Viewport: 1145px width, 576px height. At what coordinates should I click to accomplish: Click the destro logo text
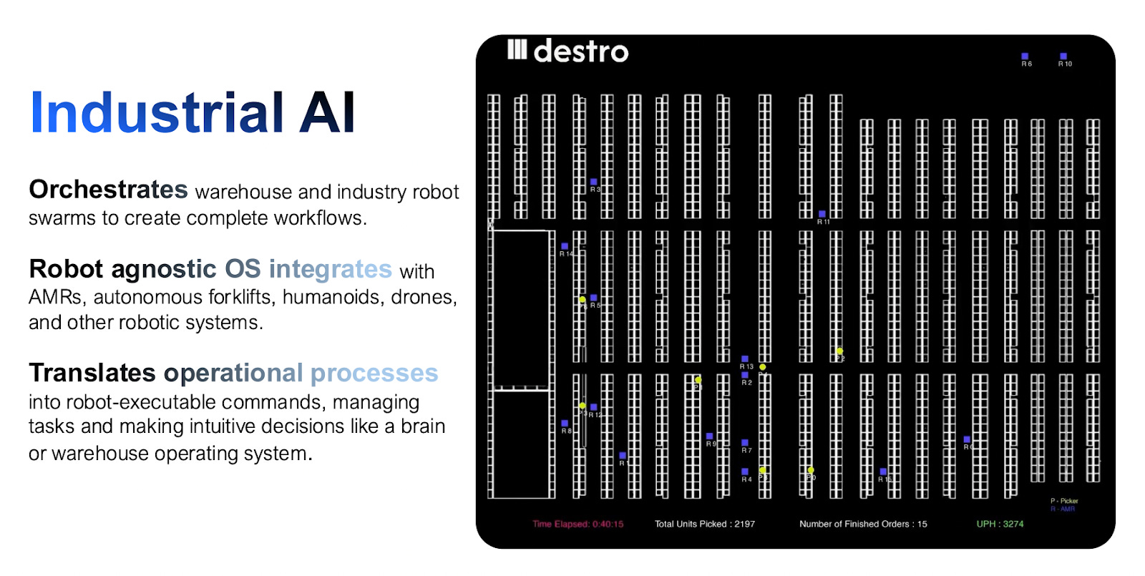[x=580, y=52]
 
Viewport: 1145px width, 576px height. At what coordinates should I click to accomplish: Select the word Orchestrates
[x=108, y=190]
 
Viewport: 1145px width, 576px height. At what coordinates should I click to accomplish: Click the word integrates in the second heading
[x=330, y=269]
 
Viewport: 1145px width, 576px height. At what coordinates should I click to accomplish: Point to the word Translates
[x=92, y=373]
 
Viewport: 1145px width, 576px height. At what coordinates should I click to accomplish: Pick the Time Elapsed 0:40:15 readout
[x=578, y=524]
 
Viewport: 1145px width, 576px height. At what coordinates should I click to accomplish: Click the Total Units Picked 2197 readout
[x=704, y=524]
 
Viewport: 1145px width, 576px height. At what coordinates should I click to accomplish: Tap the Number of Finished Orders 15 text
[x=862, y=524]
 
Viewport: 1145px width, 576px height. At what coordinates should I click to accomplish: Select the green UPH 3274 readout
[x=1000, y=524]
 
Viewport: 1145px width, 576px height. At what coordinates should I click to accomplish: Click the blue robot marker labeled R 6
[x=1025, y=56]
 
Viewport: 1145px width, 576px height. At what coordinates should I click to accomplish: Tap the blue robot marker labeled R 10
[x=1063, y=56]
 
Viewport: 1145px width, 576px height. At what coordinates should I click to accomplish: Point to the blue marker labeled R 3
[x=593, y=182]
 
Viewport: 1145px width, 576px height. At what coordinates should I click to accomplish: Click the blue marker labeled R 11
[x=822, y=214]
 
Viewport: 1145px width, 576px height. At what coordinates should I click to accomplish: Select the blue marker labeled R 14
[x=565, y=246]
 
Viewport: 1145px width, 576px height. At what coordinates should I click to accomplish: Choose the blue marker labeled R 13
[x=745, y=358]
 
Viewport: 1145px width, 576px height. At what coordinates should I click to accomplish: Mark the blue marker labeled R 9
[x=709, y=436]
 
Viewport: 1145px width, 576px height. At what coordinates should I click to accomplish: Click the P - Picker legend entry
[x=1064, y=501]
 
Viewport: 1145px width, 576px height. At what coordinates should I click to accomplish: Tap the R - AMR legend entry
[x=1063, y=509]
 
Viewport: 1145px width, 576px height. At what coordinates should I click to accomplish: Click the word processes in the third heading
[x=374, y=373]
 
